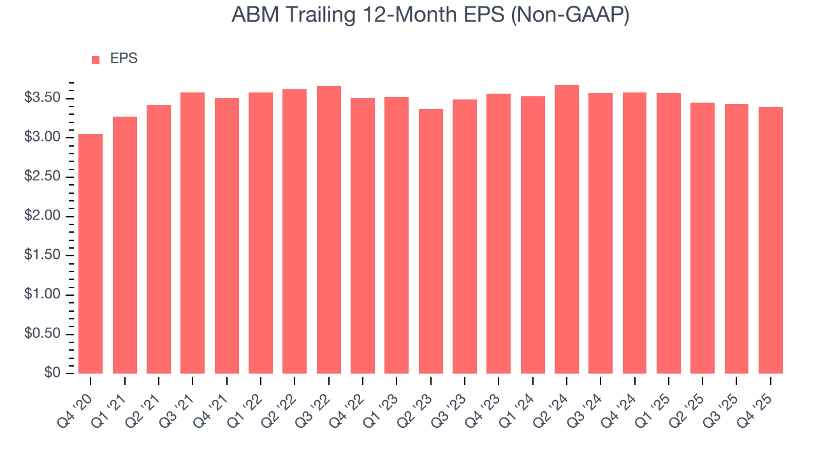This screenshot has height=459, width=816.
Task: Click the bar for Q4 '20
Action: tap(91, 254)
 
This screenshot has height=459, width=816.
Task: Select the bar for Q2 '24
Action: tap(567, 229)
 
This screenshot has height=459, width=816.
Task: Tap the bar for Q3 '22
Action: tap(329, 230)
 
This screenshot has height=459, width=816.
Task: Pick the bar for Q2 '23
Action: tap(431, 242)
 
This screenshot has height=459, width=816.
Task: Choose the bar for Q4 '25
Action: tap(771, 240)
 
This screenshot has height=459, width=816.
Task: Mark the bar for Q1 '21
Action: tap(125, 245)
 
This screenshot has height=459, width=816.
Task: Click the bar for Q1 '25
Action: tap(669, 233)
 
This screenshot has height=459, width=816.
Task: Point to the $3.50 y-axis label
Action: tap(43, 98)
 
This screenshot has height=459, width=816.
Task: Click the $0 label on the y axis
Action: tap(52, 374)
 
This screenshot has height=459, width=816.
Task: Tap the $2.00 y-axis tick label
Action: tap(43, 216)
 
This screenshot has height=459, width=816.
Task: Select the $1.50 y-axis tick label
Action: tap(43, 256)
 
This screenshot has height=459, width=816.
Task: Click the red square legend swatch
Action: tap(96, 59)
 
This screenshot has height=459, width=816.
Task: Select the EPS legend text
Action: tap(124, 59)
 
